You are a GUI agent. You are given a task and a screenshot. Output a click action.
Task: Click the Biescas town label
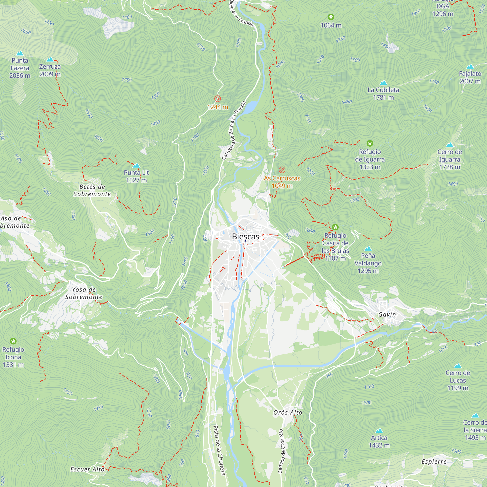(x=245, y=236)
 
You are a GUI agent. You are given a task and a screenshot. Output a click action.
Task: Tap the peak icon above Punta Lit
(x=136, y=166)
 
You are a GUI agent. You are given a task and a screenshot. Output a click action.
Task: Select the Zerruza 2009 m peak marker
(x=50, y=59)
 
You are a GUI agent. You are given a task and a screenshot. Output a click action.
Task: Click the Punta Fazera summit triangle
(x=20, y=53)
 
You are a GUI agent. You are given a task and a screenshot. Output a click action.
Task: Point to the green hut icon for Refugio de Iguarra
(x=370, y=143)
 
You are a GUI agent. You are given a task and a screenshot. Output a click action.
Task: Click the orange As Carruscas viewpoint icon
(x=282, y=170)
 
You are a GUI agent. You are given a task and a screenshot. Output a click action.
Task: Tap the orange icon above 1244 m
(x=217, y=99)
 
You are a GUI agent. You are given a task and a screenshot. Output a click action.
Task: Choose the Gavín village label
(x=387, y=315)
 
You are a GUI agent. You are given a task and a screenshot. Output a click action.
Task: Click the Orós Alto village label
(x=288, y=413)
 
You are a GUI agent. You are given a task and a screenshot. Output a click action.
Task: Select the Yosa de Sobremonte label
(x=84, y=293)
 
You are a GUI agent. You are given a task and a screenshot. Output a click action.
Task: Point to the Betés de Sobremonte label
(x=92, y=190)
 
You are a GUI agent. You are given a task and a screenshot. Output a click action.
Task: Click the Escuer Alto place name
(x=87, y=469)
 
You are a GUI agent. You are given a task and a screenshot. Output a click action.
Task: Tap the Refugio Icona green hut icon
(x=13, y=341)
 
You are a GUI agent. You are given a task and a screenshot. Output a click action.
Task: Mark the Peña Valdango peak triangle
(x=368, y=249)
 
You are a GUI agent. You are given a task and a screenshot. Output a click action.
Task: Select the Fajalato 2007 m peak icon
(x=470, y=66)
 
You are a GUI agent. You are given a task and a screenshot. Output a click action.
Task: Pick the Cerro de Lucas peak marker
(x=458, y=366)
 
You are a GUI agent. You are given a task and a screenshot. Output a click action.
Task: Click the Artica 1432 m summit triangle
(x=379, y=431)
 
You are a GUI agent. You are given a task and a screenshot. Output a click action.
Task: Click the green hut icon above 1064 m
(x=331, y=17)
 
